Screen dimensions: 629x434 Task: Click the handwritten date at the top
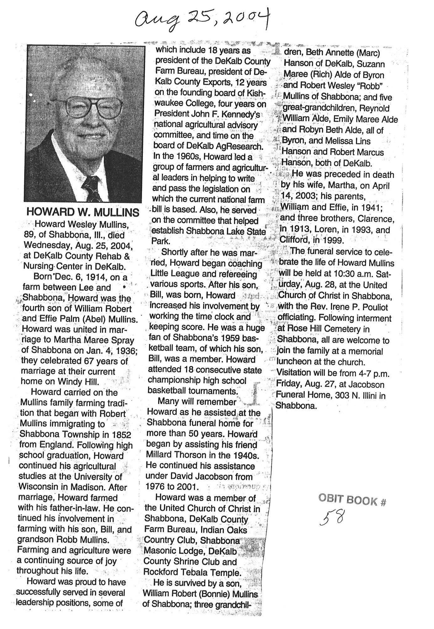pyautogui.click(x=201, y=19)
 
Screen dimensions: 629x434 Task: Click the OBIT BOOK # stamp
pyautogui.click(x=352, y=500)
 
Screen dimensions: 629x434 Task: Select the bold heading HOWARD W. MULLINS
pyautogui.click(x=83, y=212)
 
